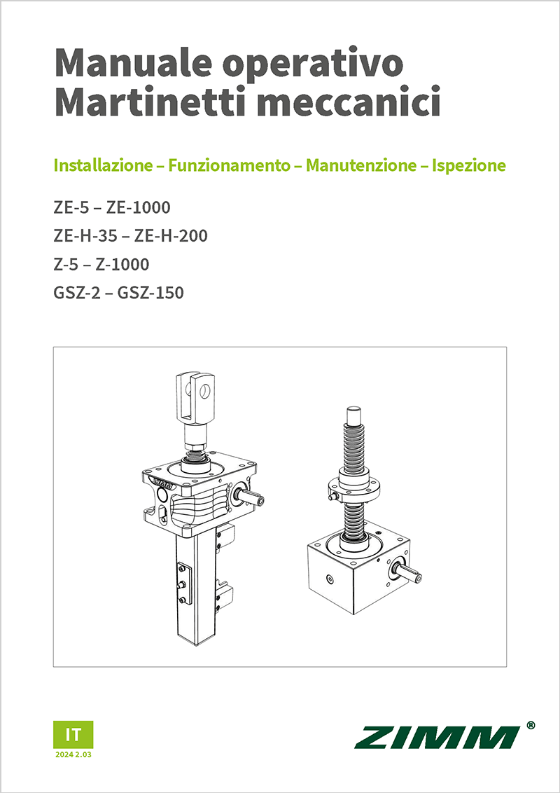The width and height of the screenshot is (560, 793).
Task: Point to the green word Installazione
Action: pos(103,166)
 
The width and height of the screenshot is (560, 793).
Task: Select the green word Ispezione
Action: pos(469,166)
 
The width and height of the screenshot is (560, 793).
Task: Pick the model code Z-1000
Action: pos(122,265)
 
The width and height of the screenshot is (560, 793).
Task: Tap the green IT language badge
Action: pos(73,734)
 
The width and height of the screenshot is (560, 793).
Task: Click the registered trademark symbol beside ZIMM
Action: pos(531,726)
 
